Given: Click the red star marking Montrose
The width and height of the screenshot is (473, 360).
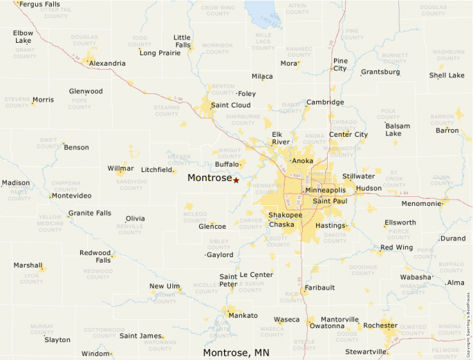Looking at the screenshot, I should (x=236, y=180).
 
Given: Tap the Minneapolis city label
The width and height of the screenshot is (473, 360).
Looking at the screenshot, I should (x=325, y=190).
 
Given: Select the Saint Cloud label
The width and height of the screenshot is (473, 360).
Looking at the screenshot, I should (x=230, y=105).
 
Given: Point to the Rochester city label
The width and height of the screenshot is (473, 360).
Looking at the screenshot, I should (x=380, y=325).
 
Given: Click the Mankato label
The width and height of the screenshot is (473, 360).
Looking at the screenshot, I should (x=243, y=316).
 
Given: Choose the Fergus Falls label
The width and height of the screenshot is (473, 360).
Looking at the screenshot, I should (x=40, y=4).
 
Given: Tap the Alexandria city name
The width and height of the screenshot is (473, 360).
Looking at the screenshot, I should (x=107, y=64).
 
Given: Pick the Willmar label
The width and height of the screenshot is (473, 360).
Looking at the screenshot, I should (x=121, y=169).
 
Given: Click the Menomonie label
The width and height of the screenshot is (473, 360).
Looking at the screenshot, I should (x=421, y=204).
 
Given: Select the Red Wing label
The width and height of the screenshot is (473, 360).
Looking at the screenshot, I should (x=396, y=247).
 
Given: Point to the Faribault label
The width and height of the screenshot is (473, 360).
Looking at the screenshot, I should (x=319, y=287).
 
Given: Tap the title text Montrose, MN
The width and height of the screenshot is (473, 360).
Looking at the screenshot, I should (x=236, y=352).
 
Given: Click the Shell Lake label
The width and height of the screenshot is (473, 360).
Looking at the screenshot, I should (x=447, y=75).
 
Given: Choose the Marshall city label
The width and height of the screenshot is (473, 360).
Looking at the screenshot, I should (x=28, y=265).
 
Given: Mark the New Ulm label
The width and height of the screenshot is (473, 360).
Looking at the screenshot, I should (x=165, y=286).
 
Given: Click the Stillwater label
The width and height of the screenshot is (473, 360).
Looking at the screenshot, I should (x=358, y=177).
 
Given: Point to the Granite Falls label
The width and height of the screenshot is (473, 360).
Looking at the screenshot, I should (x=89, y=214).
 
